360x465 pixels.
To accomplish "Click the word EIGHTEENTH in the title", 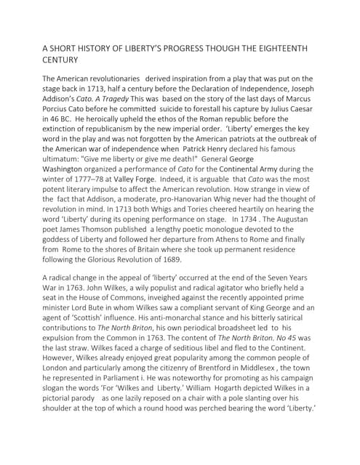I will click(277, 49).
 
